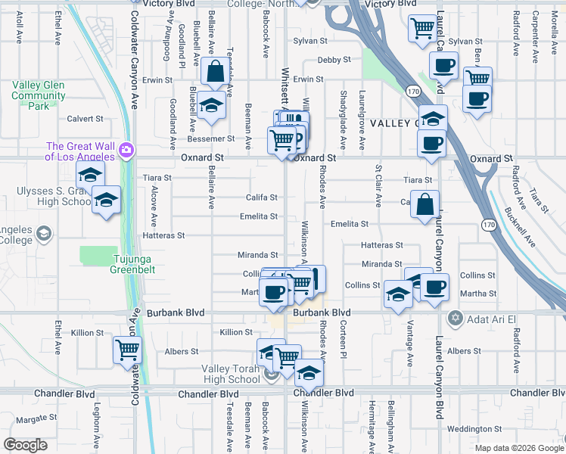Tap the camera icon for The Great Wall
click(126, 151)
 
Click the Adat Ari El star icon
click(454, 317)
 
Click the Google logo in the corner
click(25, 445)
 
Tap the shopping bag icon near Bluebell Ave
click(216, 72)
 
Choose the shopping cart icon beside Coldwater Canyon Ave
click(127, 350)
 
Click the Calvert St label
click(85, 119)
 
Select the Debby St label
click(334, 59)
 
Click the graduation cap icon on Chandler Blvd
click(308, 372)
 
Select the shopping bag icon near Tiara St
click(426, 204)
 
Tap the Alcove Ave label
click(154, 205)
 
